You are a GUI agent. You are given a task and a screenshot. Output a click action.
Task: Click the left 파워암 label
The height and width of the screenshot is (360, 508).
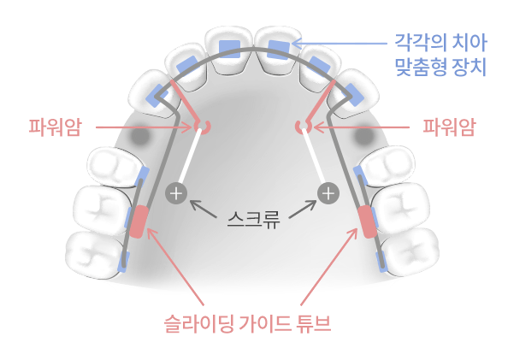coord(56,127)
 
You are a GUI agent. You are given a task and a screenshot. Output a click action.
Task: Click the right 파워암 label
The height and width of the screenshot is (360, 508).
coord(449,127)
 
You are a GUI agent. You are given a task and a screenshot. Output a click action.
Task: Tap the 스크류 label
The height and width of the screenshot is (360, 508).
coord(253,220)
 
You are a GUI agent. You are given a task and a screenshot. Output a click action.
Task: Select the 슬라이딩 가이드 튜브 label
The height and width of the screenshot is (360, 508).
coord(247,323)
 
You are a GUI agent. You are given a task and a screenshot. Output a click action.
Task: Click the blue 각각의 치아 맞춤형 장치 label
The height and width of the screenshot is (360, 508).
coord(441,55)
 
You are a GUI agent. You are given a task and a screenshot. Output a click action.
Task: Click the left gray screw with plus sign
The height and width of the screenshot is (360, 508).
coord(176,193)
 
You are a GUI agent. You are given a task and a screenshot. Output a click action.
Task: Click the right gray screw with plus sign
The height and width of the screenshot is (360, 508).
coord(328,193)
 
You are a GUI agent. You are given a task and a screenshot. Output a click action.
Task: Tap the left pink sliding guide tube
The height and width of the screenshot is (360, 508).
coord(139,221)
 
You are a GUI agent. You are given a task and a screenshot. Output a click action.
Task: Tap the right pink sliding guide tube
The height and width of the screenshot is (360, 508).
coord(368,221)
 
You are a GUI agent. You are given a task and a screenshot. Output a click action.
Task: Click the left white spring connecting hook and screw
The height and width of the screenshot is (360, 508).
coord(190,157)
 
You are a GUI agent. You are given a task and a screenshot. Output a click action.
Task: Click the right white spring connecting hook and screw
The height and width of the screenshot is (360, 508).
coord(315,157)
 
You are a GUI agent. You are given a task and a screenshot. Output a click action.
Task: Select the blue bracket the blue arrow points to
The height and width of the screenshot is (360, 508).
coord(278,50)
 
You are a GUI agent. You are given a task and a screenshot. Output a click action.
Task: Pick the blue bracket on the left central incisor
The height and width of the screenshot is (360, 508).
coord(230,50)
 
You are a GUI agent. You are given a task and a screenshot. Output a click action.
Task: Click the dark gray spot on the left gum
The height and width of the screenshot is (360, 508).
coord(140,135)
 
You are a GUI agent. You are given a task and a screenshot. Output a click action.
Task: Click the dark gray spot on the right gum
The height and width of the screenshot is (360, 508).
coord(363,135)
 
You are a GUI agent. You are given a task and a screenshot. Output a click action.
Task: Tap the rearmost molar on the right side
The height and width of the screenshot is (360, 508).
coord(410,251)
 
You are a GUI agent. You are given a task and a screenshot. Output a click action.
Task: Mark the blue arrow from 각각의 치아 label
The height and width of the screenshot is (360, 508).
coord(340,43)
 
